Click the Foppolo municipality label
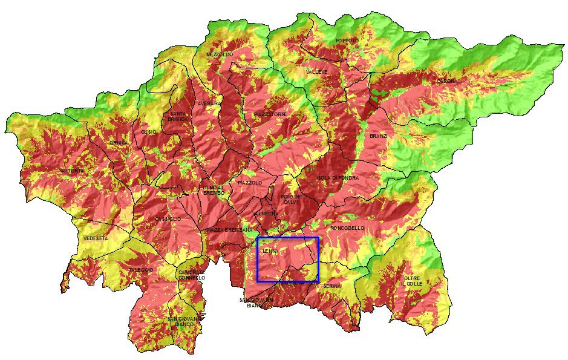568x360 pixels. click(347, 41)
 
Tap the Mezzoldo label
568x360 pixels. click(219, 54)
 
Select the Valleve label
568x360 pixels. click(316, 72)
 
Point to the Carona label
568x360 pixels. click(447, 80)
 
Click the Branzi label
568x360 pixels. click(378, 136)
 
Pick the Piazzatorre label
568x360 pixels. click(270, 114)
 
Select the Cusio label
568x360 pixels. click(148, 131)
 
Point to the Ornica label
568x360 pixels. click(119, 143)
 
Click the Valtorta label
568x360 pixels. click(72, 171)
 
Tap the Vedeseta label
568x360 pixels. click(96, 238)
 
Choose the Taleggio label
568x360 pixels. click(140, 269)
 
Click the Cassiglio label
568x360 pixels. click(168, 218)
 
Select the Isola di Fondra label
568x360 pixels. click(338, 178)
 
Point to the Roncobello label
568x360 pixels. click(347, 228)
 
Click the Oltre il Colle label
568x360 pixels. click(411, 281)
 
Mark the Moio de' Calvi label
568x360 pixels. click(290, 199)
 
